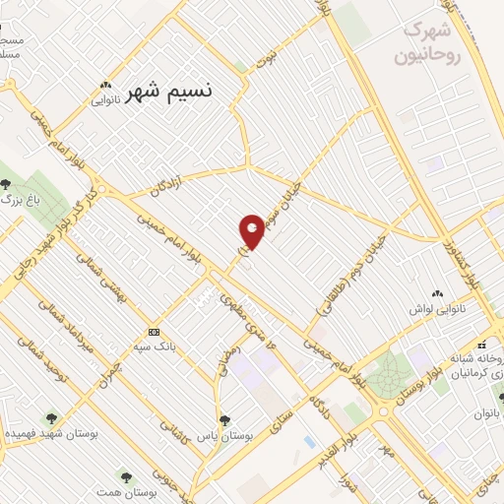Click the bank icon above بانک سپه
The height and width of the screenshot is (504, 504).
(154, 332)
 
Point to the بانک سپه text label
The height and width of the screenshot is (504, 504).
(155, 347)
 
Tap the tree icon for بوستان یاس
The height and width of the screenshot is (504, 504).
(223, 419)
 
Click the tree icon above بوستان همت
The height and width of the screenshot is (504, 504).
(124, 474)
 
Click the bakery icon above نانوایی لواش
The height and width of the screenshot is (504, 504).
(436, 293)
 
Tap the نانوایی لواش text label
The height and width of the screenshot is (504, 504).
(437, 309)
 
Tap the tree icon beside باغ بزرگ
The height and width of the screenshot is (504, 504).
(8, 183)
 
